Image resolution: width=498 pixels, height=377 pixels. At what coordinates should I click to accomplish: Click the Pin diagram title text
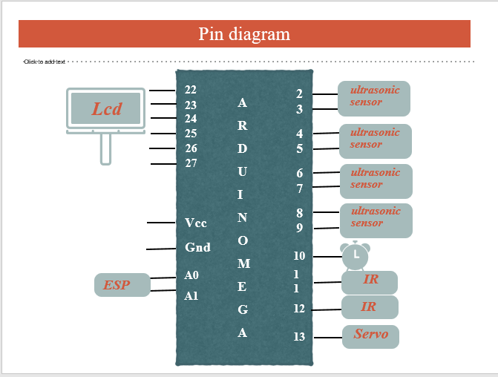244,34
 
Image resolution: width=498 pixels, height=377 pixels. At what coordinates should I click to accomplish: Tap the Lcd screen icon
105,111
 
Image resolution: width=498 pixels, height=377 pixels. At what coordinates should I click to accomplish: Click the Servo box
370,335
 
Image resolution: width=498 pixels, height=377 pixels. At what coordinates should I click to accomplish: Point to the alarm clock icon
355,255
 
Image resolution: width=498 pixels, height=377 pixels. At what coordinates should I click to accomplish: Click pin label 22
191,90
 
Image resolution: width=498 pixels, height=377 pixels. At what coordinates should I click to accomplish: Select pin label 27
191,163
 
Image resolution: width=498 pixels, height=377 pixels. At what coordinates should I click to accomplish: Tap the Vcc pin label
196,223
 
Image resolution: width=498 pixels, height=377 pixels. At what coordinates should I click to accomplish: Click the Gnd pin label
197,247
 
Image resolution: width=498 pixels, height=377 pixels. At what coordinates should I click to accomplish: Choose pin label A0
191,275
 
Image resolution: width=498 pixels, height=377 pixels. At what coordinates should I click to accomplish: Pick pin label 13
299,337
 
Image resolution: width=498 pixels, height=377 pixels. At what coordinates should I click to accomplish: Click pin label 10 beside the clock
299,256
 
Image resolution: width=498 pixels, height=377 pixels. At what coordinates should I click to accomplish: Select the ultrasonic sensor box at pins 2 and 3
374,98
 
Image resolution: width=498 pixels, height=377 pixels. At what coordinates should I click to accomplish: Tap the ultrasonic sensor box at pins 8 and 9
376,220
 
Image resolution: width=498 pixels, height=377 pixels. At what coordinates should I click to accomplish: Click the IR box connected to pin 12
370,307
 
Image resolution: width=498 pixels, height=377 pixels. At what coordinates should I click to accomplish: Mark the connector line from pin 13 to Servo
327,338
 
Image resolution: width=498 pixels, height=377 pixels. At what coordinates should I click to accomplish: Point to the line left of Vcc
161,223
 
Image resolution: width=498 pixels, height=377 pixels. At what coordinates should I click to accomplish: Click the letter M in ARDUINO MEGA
243,263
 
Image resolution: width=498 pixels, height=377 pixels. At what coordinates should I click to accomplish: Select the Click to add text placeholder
45,62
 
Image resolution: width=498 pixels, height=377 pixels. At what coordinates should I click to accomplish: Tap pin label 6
299,173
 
